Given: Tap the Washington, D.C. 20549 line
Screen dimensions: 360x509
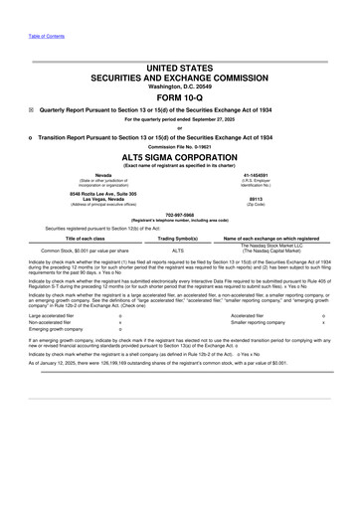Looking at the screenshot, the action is pos(179,86).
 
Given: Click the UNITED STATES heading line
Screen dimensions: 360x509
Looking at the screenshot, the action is pos(179,65).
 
